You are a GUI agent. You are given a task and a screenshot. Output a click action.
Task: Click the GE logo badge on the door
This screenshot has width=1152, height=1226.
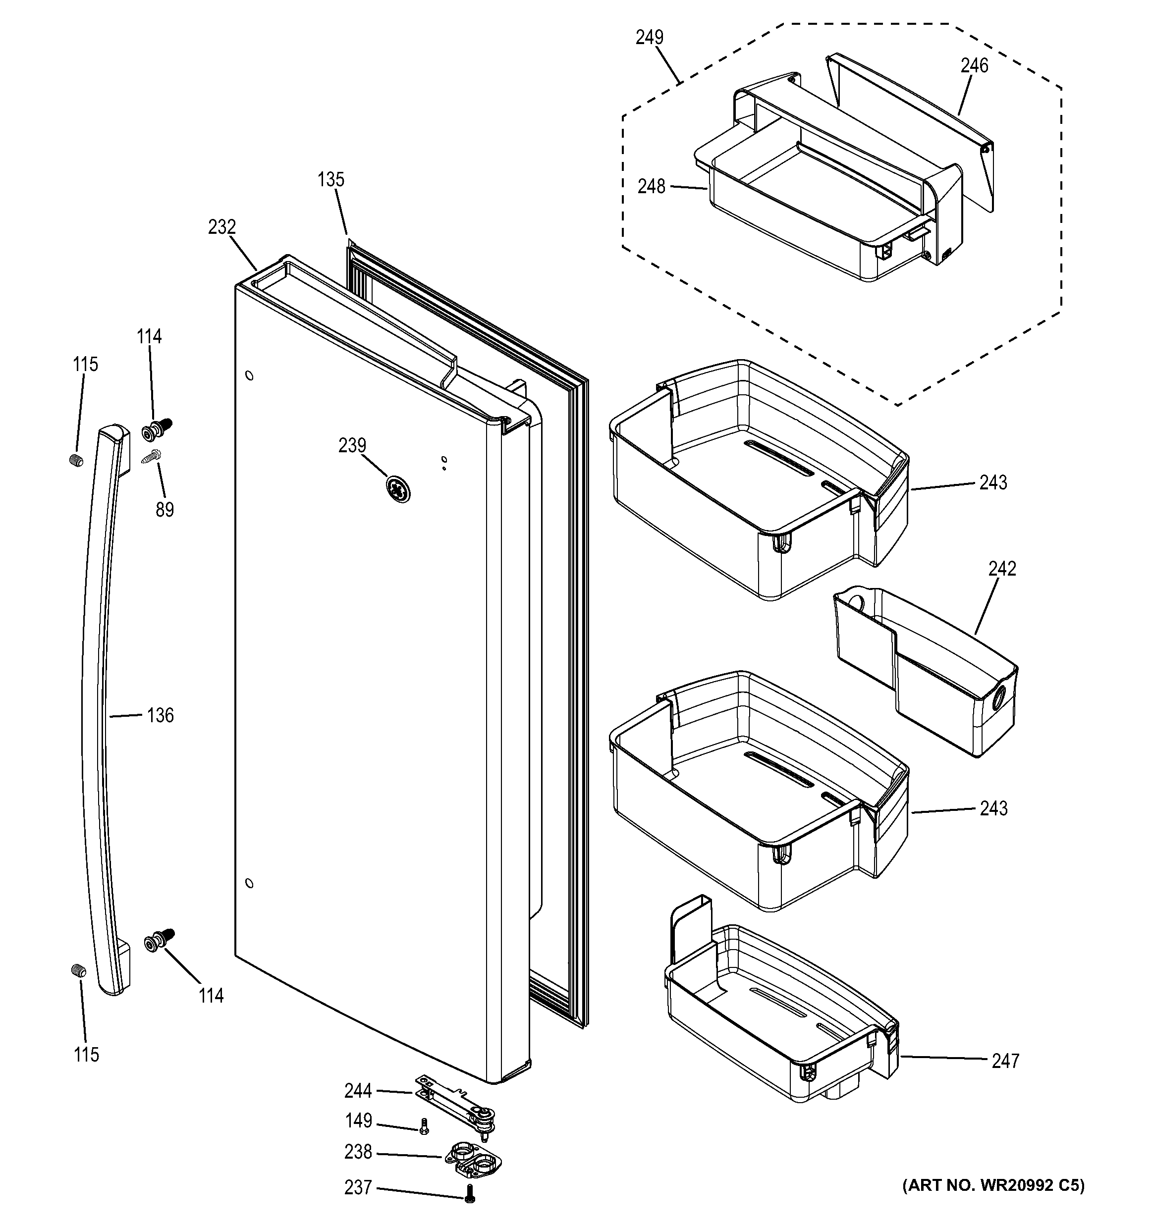click(398, 489)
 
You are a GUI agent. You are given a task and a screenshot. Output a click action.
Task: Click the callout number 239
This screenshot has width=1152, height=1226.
click(352, 445)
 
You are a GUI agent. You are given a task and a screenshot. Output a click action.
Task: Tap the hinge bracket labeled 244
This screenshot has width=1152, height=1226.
click(456, 1108)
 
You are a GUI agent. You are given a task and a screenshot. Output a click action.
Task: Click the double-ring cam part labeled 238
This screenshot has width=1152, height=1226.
click(472, 1160)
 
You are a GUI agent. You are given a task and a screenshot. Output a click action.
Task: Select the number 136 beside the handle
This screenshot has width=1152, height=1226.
click(161, 715)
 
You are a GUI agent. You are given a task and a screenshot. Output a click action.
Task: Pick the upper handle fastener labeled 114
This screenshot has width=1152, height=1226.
click(157, 430)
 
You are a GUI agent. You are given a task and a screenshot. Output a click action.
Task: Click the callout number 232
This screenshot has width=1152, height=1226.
click(222, 227)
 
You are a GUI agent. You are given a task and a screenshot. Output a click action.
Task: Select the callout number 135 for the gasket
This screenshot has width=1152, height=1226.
click(331, 179)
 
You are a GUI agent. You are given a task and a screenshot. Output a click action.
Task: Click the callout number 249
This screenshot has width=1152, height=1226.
click(650, 37)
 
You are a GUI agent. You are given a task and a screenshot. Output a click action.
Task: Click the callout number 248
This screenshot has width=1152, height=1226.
click(651, 186)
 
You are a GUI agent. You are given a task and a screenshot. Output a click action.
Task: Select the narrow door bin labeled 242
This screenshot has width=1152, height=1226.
click(925, 672)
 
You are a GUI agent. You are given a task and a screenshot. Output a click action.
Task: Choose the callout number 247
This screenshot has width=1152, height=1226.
click(1005, 1061)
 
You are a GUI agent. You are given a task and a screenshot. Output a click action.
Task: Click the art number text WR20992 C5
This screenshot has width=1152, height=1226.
click(993, 1185)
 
